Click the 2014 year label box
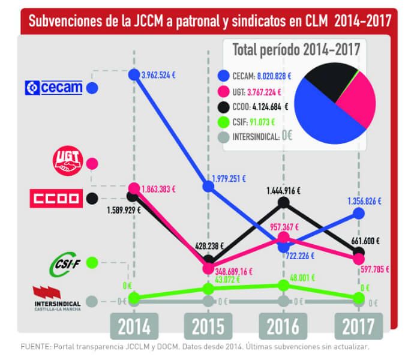134,327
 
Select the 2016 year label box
283,327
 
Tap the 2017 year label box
358,327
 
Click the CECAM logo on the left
53,88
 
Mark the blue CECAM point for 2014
134,74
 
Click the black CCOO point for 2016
283,203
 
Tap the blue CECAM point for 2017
358,212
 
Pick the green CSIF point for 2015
208,288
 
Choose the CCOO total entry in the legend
252,107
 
